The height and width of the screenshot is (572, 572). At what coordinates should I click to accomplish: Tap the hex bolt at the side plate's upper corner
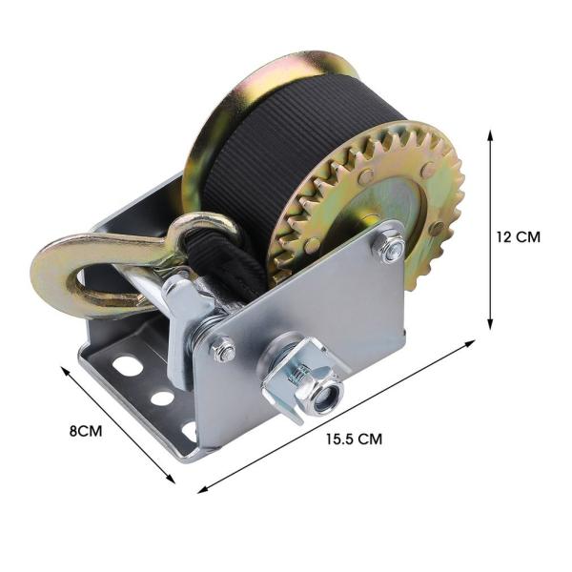click(x=390, y=250)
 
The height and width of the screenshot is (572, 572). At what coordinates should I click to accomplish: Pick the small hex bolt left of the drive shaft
click(x=223, y=351)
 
